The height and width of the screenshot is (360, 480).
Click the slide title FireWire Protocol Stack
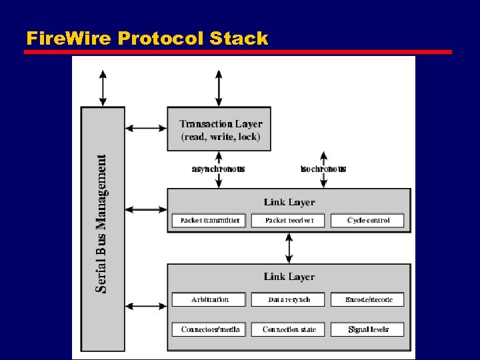tap(147, 38)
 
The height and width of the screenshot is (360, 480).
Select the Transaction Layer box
tap(221, 129)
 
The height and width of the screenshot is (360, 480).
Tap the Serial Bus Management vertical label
tap(102, 223)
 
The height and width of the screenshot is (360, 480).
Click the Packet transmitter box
tap(209, 220)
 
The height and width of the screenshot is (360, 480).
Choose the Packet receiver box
tap(289, 220)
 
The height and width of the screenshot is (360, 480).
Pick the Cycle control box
tap(368, 220)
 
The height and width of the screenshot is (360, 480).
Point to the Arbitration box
tap(209, 299)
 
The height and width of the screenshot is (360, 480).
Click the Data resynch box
tap(289, 299)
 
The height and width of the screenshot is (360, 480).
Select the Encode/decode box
tap(368, 299)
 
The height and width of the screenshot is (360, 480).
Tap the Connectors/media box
tap(209, 329)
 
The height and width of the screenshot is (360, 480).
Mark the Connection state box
tap(289, 329)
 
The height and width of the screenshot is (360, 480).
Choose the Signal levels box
tap(368, 329)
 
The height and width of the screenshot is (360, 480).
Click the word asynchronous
tap(218, 169)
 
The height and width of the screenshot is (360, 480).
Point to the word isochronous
tap(323, 169)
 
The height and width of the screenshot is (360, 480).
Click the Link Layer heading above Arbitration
tap(289, 277)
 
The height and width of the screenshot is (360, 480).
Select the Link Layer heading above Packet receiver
tap(289, 202)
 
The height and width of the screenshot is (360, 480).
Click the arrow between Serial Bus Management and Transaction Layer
tap(146, 128)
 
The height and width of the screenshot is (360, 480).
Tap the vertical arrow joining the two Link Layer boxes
tap(289, 247)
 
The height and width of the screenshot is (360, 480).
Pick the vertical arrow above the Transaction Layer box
tap(219, 88)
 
